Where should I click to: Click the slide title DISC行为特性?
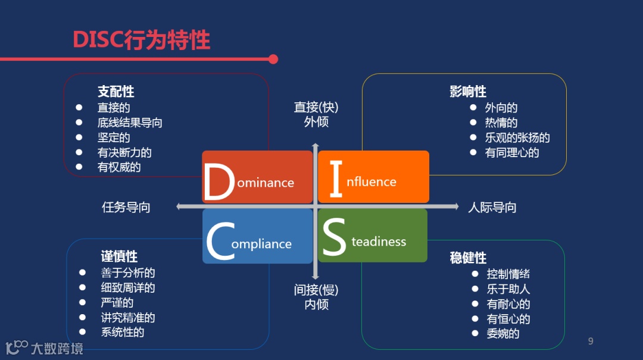pyautogui.click(x=141, y=40)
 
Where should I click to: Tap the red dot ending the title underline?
pyautogui.click(x=273, y=59)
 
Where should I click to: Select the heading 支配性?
pyautogui.click(x=116, y=92)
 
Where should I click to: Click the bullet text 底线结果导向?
pyautogui.click(x=130, y=123)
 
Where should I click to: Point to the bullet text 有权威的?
pyautogui.click(x=119, y=167)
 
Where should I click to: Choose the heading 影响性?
pyautogui.click(x=468, y=92)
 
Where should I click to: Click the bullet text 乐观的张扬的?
pyautogui.click(x=517, y=137)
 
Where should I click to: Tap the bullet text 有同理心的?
pyautogui.click(x=512, y=152)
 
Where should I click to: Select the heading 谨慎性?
pyautogui.click(x=119, y=256)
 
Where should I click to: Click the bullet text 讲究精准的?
pyautogui.click(x=128, y=317)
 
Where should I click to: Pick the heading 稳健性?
pyautogui.click(x=468, y=258)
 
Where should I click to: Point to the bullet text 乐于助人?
pyautogui.click(x=508, y=289)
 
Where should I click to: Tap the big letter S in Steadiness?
pyautogui.click(x=334, y=237)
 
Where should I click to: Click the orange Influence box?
pyautogui.click(x=373, y=177)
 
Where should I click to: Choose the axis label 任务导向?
pyautogui.click(x=126, y=207)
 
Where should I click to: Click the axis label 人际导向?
pyautogui.click(x=492, y=207)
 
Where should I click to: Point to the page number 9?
pyautogui.click(x=591, y=341)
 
